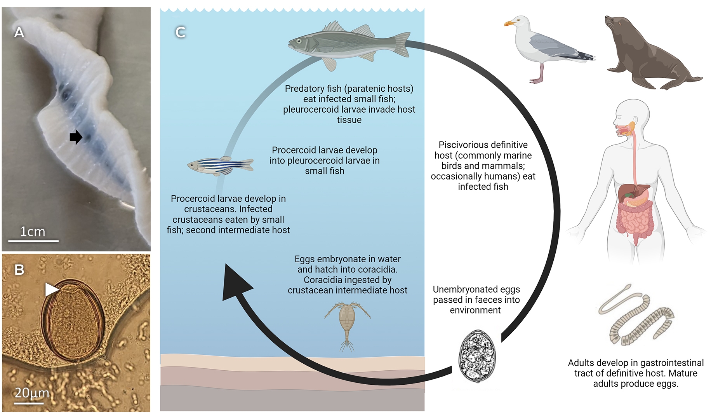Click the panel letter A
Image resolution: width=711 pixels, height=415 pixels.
(19, 32)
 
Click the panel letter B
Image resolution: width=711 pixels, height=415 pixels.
(19, 270)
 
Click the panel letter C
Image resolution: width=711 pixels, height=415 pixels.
(180, 32)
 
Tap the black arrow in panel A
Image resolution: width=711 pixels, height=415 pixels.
(76, 137)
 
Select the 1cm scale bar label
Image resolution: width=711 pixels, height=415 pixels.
(33, 232)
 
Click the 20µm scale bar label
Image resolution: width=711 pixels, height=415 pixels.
(32, 393)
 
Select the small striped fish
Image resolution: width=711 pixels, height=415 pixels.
(220, 165)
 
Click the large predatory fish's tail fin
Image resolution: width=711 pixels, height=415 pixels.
(402, 44)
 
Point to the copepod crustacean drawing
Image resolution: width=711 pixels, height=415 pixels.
(347, 326)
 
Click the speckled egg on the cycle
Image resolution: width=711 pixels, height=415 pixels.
(477, 356)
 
